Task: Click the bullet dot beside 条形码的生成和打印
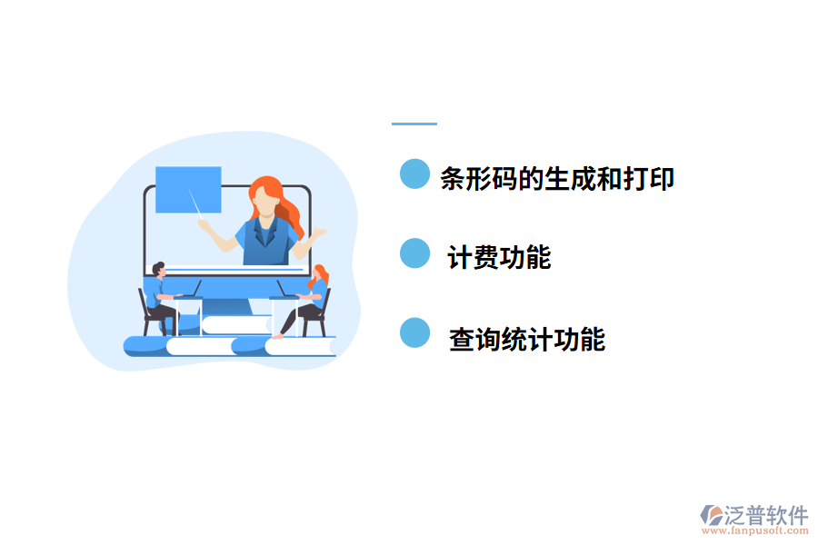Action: [x=414, y=173]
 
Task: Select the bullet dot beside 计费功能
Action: [x=414, y=253]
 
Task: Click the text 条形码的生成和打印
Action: [x=557, y=179]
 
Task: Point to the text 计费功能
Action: [x=499, y=258]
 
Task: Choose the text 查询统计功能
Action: [x=527, y=340]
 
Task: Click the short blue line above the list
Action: [x=414, y=124]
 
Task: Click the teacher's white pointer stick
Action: [x=197, y=204]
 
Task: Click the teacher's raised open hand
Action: [x=318, y=234]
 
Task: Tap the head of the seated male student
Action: [x=159, y=269]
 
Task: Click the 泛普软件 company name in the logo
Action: [x=766, y=515]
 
